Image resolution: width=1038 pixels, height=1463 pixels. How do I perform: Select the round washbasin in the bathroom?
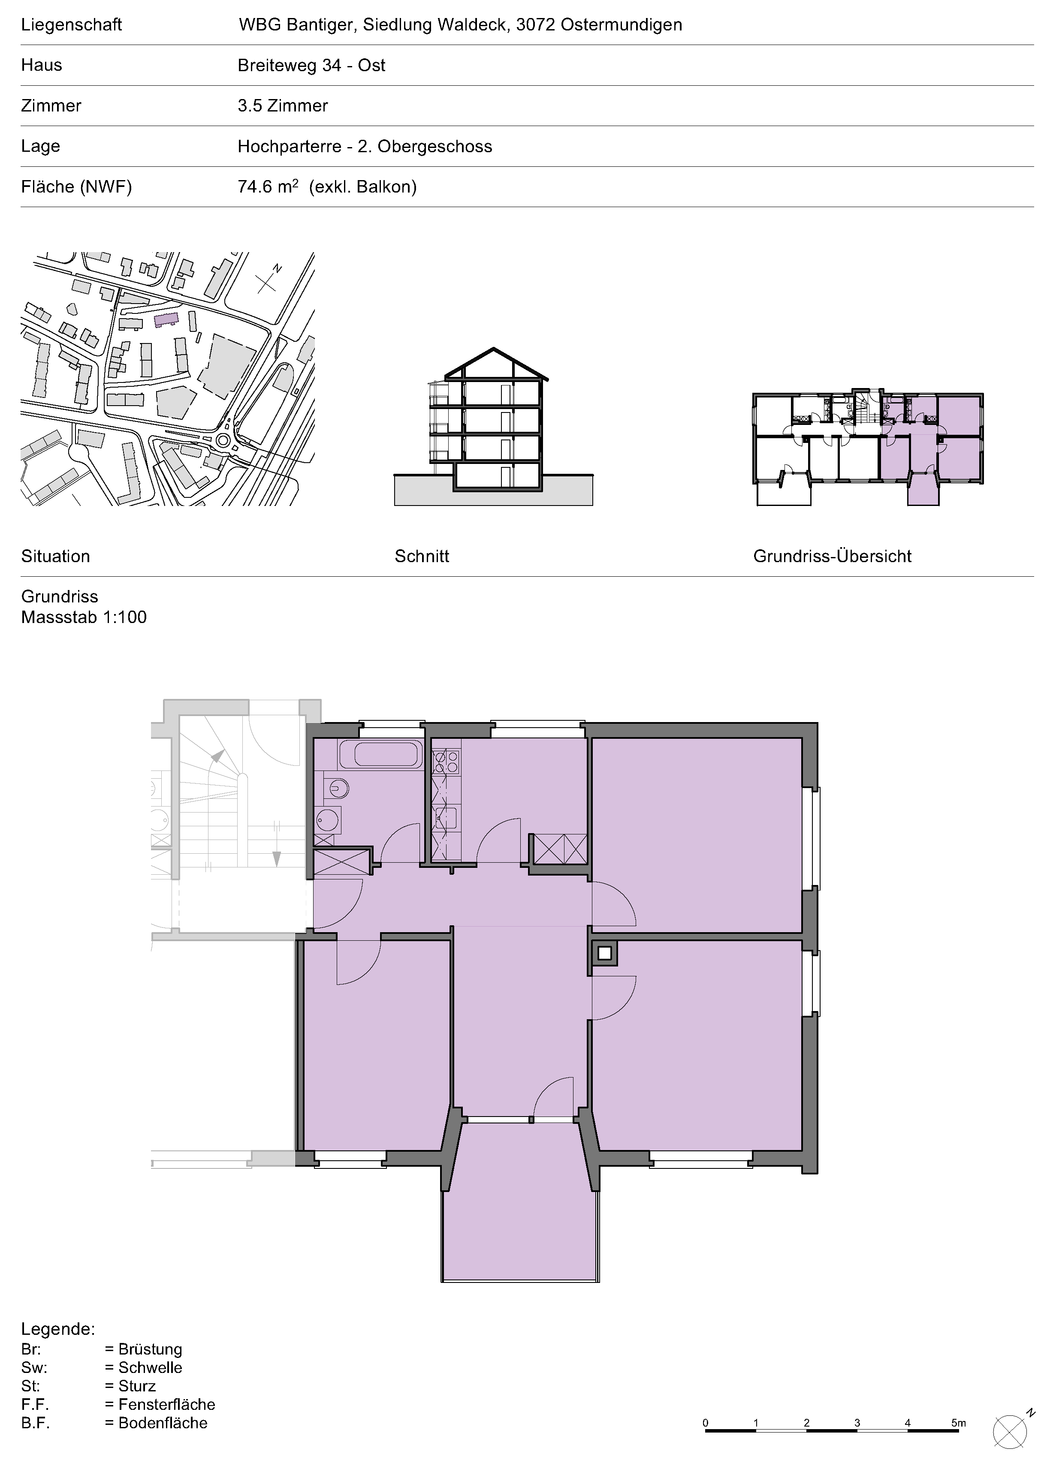click(328, 820)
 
